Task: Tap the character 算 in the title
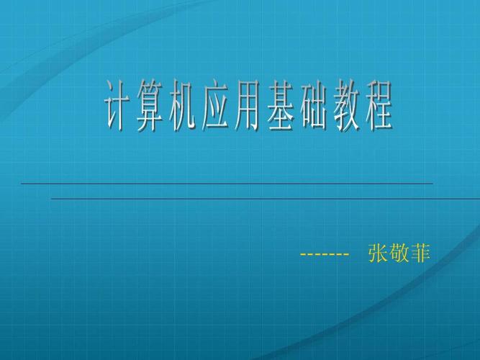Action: pos(151,109)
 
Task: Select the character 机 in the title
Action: pos(183,109)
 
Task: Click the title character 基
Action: pos(279,109)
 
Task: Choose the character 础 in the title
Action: pos(312,109)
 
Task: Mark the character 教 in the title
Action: pos(343,109)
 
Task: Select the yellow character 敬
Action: pos(398,254)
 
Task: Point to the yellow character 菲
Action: pos(419,254)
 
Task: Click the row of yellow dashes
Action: pos(324,256)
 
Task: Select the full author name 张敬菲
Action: pos(398,254)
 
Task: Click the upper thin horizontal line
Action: pos(227,184)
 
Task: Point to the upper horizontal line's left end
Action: pos(22,184)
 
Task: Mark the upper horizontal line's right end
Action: pos(432,184)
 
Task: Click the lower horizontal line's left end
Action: pos(53,198)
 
